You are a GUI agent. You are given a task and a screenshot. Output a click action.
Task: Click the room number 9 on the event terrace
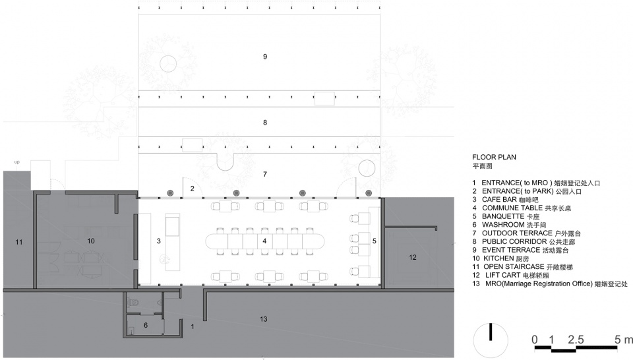[x=265, y=57]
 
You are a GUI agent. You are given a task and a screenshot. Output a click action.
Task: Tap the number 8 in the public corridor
[x=265, y=122]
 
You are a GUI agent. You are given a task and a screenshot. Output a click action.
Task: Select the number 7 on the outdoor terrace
[x=265, y=174]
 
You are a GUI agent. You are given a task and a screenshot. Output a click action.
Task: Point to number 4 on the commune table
[x=264, y=241]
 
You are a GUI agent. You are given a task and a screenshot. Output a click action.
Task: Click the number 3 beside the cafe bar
[x=159, y=241]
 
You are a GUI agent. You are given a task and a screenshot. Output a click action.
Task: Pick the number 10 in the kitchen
[x=91, y=241]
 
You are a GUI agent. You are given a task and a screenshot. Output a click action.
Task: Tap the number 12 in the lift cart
[x=412, y=257]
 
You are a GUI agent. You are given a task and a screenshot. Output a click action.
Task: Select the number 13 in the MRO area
[x=264, y=319]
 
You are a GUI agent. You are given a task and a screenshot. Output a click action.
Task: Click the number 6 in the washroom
[x=146, y=325]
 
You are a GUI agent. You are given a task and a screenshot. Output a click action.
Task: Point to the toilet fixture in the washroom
[x=133, y=302]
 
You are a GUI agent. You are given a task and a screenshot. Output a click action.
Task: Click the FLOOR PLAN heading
[x=494, y=157]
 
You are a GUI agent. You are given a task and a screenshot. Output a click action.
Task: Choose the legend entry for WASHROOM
[x=509, y=225]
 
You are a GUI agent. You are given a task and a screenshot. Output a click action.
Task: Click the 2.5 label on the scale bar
[x=576, y=340]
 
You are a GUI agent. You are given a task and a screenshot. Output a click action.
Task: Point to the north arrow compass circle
[x=491, y=340]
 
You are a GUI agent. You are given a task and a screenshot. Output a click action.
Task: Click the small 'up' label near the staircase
[x=17, y=162]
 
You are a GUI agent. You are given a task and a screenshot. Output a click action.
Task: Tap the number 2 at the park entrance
[x=192, y=189]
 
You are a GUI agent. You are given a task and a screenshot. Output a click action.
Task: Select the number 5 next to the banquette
[x=375, y=241]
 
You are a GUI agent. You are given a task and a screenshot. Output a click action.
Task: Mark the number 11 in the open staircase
[x=19, y=242]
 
